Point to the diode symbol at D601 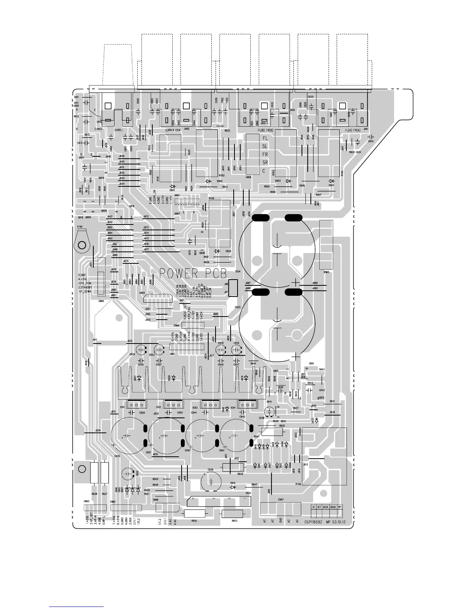pos(173,186)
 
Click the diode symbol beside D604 pos(331,181)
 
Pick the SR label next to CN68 pos(265,162)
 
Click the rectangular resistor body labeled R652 pos(195,513)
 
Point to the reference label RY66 pos(298,484)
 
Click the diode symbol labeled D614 pos(233,487)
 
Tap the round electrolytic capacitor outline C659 pos(211,481)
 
